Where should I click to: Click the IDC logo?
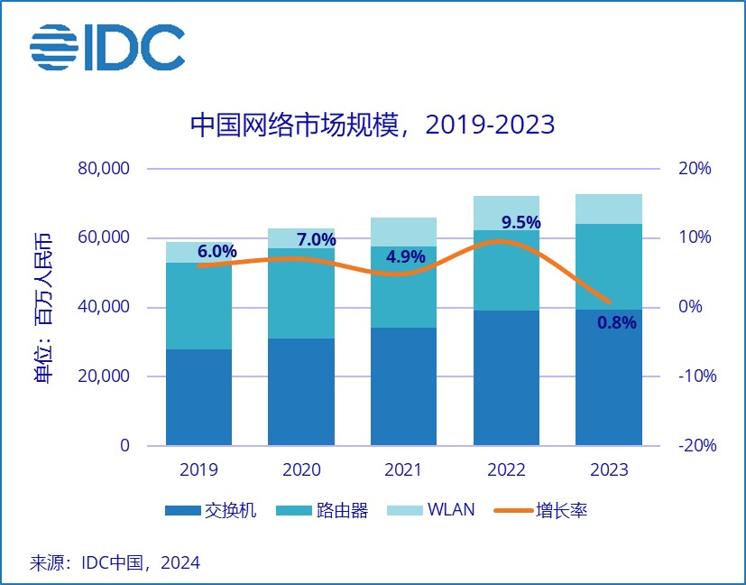[106, 47]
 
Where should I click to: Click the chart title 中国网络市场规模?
[372, 125]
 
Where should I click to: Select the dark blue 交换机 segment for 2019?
[198, 397]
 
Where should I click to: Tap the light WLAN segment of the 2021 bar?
[404, 232]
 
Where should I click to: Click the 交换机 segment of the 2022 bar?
[506, 377]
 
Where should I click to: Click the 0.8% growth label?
[617, 321]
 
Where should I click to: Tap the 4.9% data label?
[405, 256]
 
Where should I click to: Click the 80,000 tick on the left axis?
[106, 169]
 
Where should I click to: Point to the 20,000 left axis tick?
[106, 376]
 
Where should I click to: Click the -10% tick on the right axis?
[695, 376]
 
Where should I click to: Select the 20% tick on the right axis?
[695, 169]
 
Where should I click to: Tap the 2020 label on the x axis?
[301, 470]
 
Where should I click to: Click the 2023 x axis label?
[609, 470]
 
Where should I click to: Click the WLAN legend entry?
[431, 511]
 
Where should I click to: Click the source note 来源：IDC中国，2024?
[115, 563]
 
